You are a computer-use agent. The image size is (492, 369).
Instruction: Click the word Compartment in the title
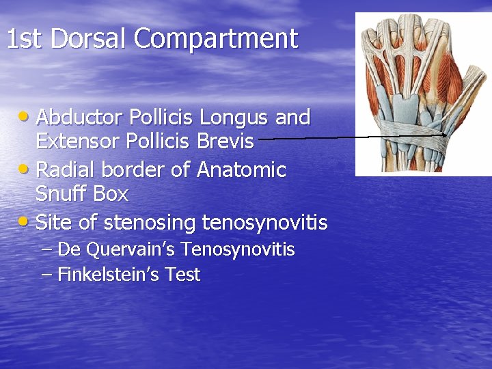tap(216, 39)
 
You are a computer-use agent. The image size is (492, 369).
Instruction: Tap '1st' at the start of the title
tap(25, 39)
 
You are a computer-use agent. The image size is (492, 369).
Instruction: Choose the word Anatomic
tap(241, 169)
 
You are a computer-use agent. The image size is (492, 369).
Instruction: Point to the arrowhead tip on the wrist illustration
tap(446, 135)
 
